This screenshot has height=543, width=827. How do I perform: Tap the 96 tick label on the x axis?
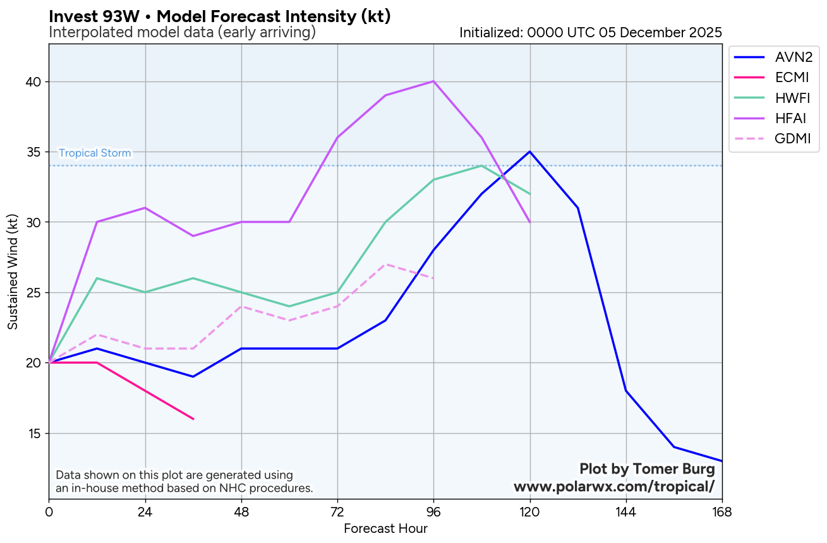433,512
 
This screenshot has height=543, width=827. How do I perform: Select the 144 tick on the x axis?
625,512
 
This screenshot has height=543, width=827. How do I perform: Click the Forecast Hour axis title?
385,529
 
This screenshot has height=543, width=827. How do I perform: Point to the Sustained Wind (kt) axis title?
13,271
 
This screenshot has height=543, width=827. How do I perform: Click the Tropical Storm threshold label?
95,153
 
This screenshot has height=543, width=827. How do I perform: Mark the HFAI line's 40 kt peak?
433,81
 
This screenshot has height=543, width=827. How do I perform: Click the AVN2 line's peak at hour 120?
529,152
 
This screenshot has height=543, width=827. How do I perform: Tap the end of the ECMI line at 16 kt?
193,419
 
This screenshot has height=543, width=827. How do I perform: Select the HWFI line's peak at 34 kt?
481,165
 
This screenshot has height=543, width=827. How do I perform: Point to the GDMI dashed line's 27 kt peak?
385,264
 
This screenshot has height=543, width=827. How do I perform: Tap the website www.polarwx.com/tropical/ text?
614,487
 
